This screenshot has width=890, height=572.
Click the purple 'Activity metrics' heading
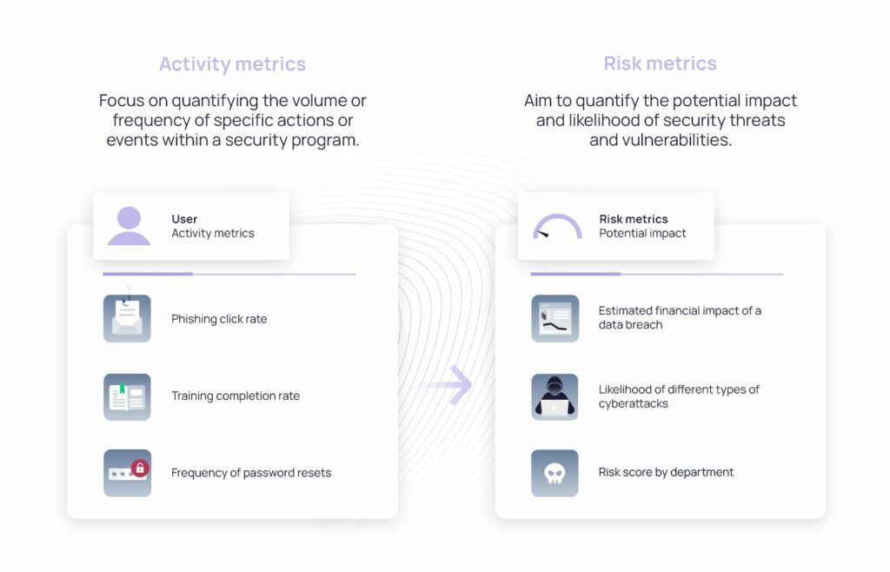[232, 63]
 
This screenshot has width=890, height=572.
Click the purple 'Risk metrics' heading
[660, 63]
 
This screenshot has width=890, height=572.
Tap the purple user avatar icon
[129, 226]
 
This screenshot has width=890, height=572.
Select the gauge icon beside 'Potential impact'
[556, 227]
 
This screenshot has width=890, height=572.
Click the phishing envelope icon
[127, 318]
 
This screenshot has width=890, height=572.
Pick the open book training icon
[127, 396]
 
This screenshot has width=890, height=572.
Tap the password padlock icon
[127, 473]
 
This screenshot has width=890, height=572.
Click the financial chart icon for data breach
[555, 318]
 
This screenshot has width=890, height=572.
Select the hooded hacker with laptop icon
[555, 396]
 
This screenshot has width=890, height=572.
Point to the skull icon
[555, 473]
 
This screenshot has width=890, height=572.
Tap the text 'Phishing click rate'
[219, 319]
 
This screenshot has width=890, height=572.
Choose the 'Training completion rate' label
[236, 396]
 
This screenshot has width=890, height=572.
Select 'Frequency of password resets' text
[251, 473]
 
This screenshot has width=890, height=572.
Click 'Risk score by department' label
[666, 472]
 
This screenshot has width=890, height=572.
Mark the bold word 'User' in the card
[184, 219]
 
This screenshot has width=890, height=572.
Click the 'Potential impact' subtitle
[642, 233]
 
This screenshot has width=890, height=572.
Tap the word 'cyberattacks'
[633, 403]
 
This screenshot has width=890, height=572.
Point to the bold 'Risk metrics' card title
[634, 219]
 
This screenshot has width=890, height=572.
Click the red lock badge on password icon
[139, 469]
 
